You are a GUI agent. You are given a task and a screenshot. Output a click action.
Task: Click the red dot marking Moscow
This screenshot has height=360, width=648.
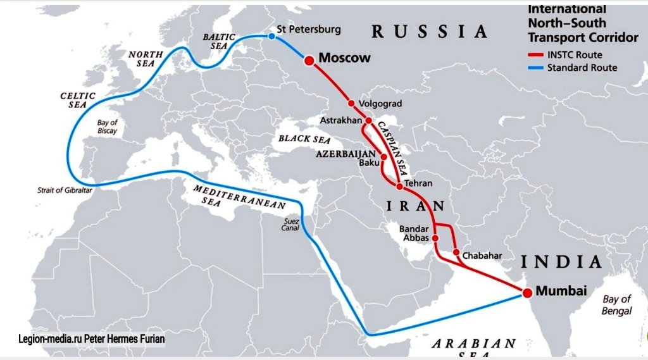[309, 61]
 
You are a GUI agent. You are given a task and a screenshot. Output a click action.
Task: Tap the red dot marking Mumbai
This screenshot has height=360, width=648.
[526, 292]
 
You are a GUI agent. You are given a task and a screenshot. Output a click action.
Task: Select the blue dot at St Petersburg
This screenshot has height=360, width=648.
[271, 37]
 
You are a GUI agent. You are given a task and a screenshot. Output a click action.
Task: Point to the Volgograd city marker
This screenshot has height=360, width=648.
[351, 103]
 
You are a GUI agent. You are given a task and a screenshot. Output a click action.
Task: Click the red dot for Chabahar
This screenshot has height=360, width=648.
[456, 252]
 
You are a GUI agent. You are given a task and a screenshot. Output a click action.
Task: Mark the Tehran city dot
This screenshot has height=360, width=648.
[399, 186]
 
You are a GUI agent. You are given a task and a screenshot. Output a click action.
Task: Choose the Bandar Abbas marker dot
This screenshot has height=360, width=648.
[435, 238]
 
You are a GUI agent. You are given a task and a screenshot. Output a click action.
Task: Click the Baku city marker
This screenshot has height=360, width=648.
[383, 156]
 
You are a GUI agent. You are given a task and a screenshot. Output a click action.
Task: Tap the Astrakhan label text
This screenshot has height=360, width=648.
[340, 120]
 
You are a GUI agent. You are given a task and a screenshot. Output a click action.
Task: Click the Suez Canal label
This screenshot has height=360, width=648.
[290, 225]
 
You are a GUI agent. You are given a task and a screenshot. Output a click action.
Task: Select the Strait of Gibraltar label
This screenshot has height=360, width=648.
[65, 190]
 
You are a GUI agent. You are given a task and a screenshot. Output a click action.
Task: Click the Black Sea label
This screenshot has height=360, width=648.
[304, 139]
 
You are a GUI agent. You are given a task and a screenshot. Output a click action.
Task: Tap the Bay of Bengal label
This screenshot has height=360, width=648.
[616, 305]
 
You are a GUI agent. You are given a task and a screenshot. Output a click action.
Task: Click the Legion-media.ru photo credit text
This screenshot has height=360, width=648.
[92, 339]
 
